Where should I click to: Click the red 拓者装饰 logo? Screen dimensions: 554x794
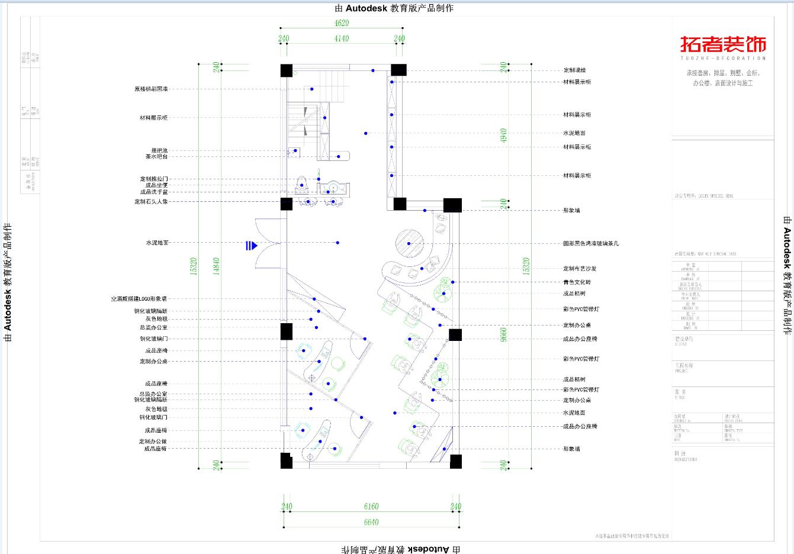(x=723, y=45)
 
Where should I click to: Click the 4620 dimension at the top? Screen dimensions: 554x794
(x=342, y=23)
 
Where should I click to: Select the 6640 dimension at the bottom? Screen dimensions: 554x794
(x=371, y=522)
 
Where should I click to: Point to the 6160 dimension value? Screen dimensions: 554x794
(x=371, y=507)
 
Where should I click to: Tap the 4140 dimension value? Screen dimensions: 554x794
(x=342, y=38)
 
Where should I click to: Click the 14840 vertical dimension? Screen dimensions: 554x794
(x=217, y=266)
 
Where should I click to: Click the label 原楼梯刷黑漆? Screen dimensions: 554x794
(x=151, y=89)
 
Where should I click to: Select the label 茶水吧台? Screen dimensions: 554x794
(x=156, y=157)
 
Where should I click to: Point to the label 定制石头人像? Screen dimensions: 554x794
(x=151, y=202)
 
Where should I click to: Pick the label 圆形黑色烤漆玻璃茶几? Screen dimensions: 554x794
(x=591, y=243)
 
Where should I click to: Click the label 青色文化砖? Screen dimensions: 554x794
(x=577, y=282)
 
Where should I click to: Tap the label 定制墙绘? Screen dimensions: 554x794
(x=574, y=70)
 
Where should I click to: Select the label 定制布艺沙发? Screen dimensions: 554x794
(x=580, y=269)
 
